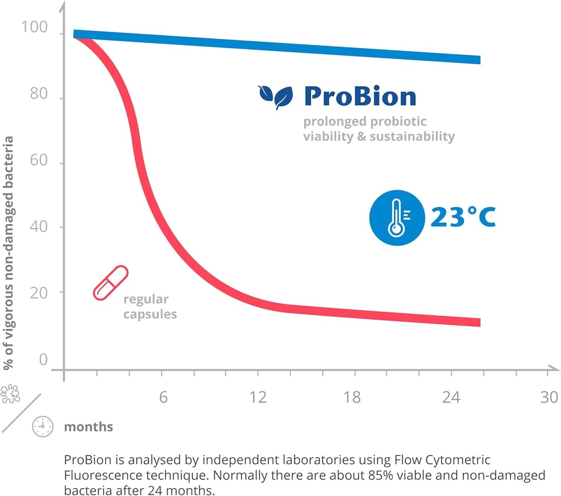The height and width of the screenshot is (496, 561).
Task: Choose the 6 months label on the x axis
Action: (x=163, y=397)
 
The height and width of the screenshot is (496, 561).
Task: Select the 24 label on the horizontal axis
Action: (x=451, y=397)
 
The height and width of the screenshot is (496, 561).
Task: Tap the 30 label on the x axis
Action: (x=548, y=397)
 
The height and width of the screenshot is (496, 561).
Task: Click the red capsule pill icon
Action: (x=110, y=283)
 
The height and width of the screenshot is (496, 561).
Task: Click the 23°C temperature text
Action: (x=462, y=217)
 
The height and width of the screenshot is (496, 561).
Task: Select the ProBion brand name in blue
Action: (x=360, y=96)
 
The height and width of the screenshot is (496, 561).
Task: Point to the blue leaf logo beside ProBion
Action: (x=276, y=96)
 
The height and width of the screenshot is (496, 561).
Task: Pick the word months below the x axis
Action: (x=89, y=426)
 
